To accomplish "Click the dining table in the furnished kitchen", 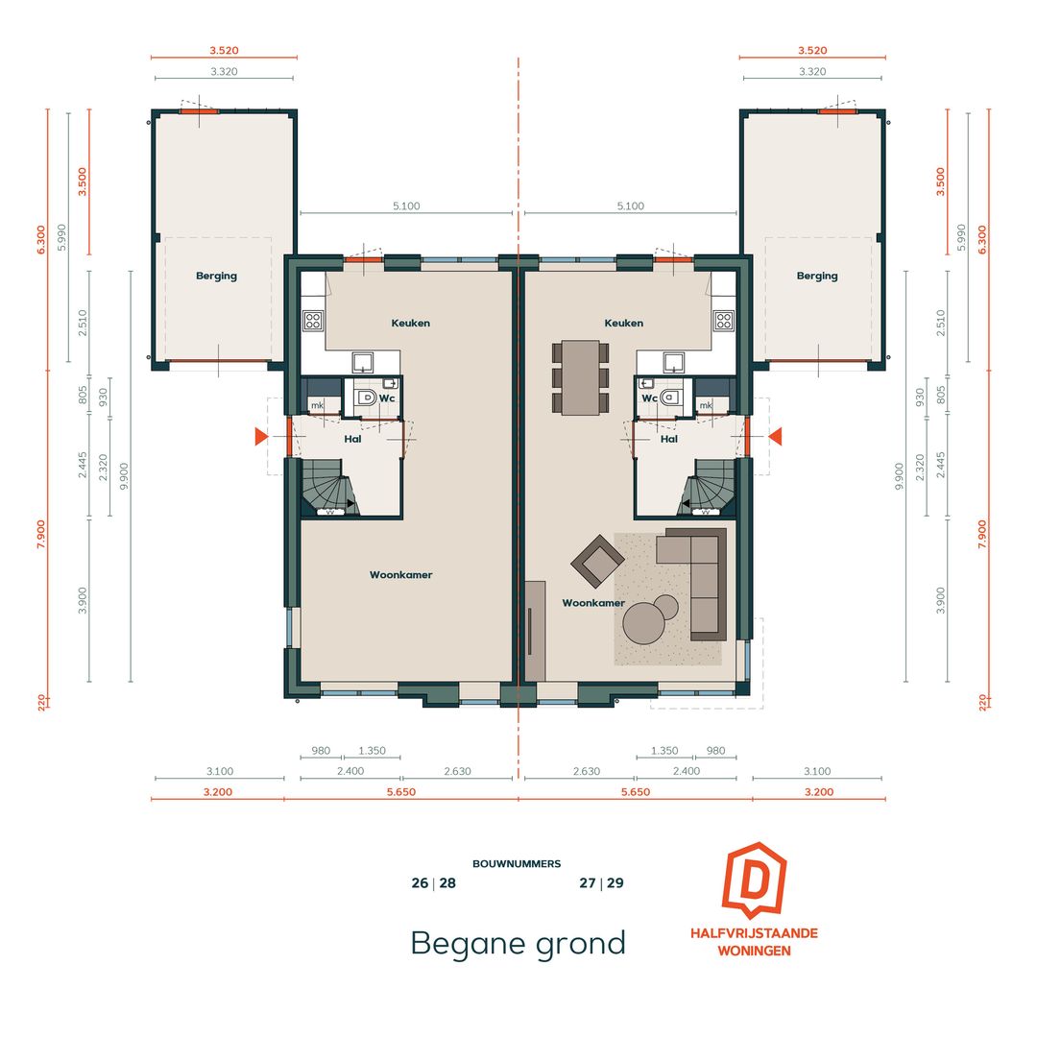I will (579, 377).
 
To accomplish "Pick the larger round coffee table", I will (643, 622).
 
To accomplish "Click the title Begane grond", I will (518, 943).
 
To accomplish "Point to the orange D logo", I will (754, 880).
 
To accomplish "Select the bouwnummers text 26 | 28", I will (433, 883).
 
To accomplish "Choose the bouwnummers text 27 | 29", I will (601, 883).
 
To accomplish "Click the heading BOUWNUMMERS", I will (517, 864).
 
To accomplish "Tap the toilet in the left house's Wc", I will (368, 397).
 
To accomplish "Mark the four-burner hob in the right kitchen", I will (723, 321).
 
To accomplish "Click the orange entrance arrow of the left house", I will (260, 438).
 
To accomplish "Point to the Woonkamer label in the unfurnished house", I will (400, 575).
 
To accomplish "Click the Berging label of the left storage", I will (216, 277).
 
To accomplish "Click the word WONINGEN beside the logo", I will (754, 951).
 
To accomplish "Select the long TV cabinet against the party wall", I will (536, 630).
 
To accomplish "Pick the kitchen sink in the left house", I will (365, 361).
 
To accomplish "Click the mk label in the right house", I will (706, 405).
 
